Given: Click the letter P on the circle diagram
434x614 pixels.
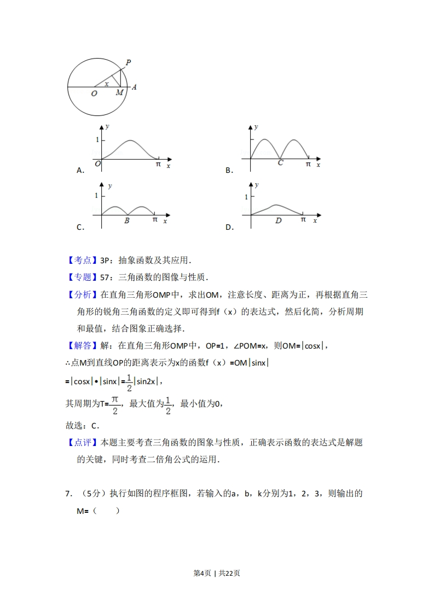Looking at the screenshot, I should tap(128, 62).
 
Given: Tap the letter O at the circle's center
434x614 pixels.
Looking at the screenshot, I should tap(94, 94).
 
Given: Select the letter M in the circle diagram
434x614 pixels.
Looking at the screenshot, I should tap(120, 93).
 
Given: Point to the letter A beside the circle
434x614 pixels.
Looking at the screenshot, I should tap(134, 87).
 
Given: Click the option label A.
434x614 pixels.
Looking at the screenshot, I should tap(80, 170).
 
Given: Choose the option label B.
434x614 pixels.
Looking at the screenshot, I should tap(229, 170).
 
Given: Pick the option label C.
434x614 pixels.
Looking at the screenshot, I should tap(80, 228).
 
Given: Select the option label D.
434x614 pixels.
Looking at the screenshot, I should tap(229, 228).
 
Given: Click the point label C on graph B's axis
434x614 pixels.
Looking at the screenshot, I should tap(280, 163).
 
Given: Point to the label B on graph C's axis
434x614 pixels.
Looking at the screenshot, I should tap(127, 221).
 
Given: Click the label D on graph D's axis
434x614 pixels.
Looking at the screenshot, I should tap(278, 221).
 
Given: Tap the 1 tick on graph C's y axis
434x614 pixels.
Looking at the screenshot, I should tap(96, 195).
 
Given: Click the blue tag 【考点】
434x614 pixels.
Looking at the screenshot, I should tap(82, 260).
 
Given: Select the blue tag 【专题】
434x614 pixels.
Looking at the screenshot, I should tap(82, 277).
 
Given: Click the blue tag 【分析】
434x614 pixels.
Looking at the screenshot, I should tap(82, 295).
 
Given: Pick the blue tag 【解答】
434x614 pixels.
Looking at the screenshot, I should tap(82, 345).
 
